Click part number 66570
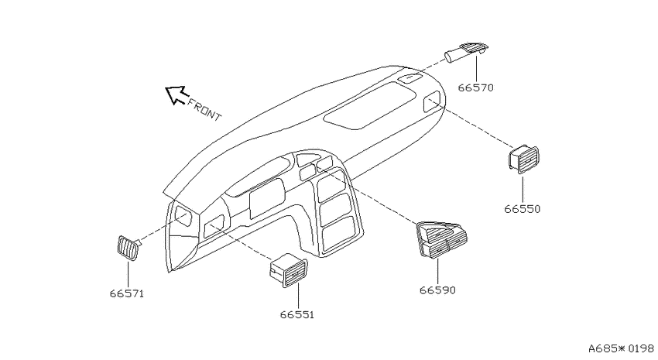pyautogui.click(x=475, y=88)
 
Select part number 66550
pyautogui.click(x=522, y=209)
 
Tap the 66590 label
pyautogui.click(x=437, y=290)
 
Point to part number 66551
pyautogui.click(x=297, y=314)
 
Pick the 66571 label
pyautogui.click(x=127, y=293)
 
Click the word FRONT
pyautogui.click(x=204, y=109)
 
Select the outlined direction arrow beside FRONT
pyautogui.click(x=176, y=94)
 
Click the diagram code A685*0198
pyautogui.click(x=621, y=348)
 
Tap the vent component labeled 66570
pyautogui.click(x=467, y=52)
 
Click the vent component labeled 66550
pyautogui.click(x=523, y=159)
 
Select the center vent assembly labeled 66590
pyautogui.click(x=441, y=238)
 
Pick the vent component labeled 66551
pyautogui.click(x=288, y=271)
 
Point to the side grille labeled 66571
pyautogui.click(x=128, y=248)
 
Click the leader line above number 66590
pyautogui.click(x=437, y=271)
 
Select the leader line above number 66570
pyautogui.click(x=477, y=68)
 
